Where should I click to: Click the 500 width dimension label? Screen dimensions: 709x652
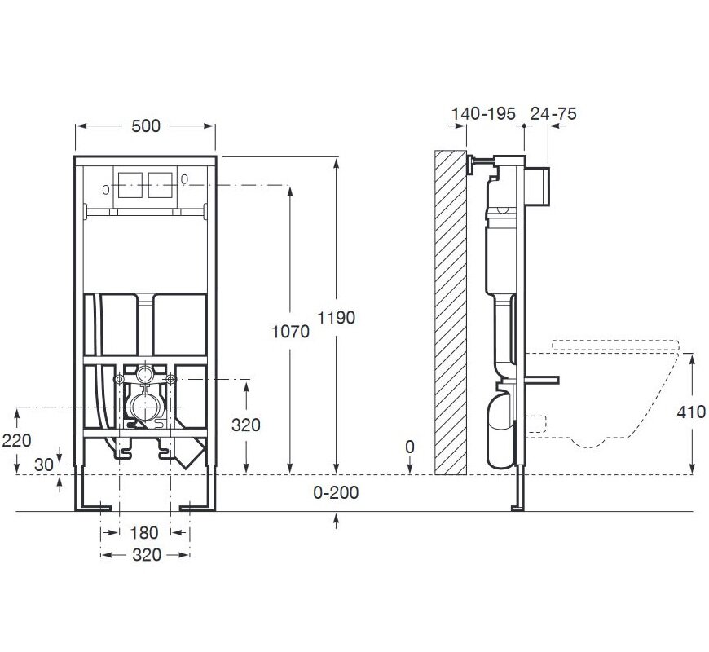(x=146, y=126)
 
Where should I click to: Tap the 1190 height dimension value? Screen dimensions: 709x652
(x=336, y=318)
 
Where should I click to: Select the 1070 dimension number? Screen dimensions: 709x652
(x=290, y=332)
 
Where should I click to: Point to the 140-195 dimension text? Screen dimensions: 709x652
(x=483, y=113)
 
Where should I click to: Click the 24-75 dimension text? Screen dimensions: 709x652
(x=553, y=113)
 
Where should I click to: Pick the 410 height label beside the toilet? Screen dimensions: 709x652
(x=691, y=412)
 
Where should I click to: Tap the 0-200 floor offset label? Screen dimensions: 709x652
(x=336, y=492)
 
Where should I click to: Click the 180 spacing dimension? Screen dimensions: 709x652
(x=144, y=533)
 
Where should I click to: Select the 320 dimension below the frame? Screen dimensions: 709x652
(x=147, y=555)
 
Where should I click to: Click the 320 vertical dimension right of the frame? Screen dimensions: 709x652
(x=245, y=425)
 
